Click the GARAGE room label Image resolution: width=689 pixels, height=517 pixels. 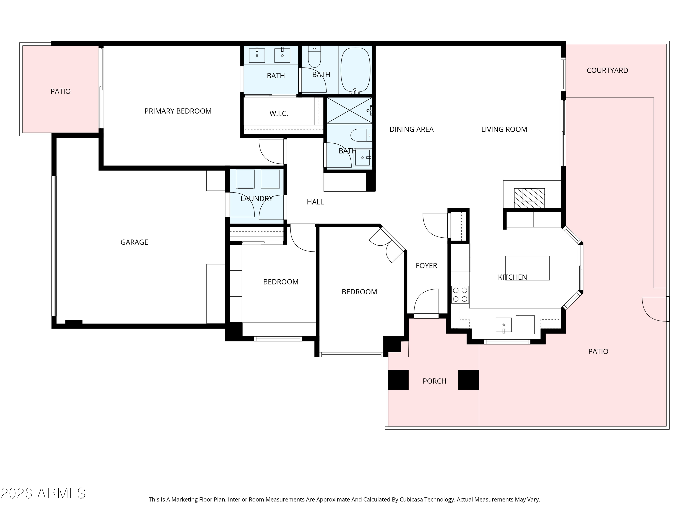tap(134, 242)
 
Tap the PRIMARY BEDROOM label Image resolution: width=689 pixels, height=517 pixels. tap(178, 111)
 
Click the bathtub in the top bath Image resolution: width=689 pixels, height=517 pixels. tap(355, 70)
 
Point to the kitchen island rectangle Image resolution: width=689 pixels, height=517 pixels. tap(527, 268)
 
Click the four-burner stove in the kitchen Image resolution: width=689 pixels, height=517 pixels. tap(460, 295)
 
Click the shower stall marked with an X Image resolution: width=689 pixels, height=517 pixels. tap(349, 110)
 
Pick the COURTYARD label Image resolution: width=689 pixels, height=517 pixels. tap(607, 71)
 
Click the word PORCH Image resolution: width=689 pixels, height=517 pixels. tap(434, 381)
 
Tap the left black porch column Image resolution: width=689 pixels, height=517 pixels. tap(398, 380)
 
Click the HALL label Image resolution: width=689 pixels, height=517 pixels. tap(315, 202)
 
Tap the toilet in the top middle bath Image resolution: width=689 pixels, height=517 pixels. tap(314, 58)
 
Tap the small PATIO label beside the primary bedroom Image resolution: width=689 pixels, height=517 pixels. tap(60, 91)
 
